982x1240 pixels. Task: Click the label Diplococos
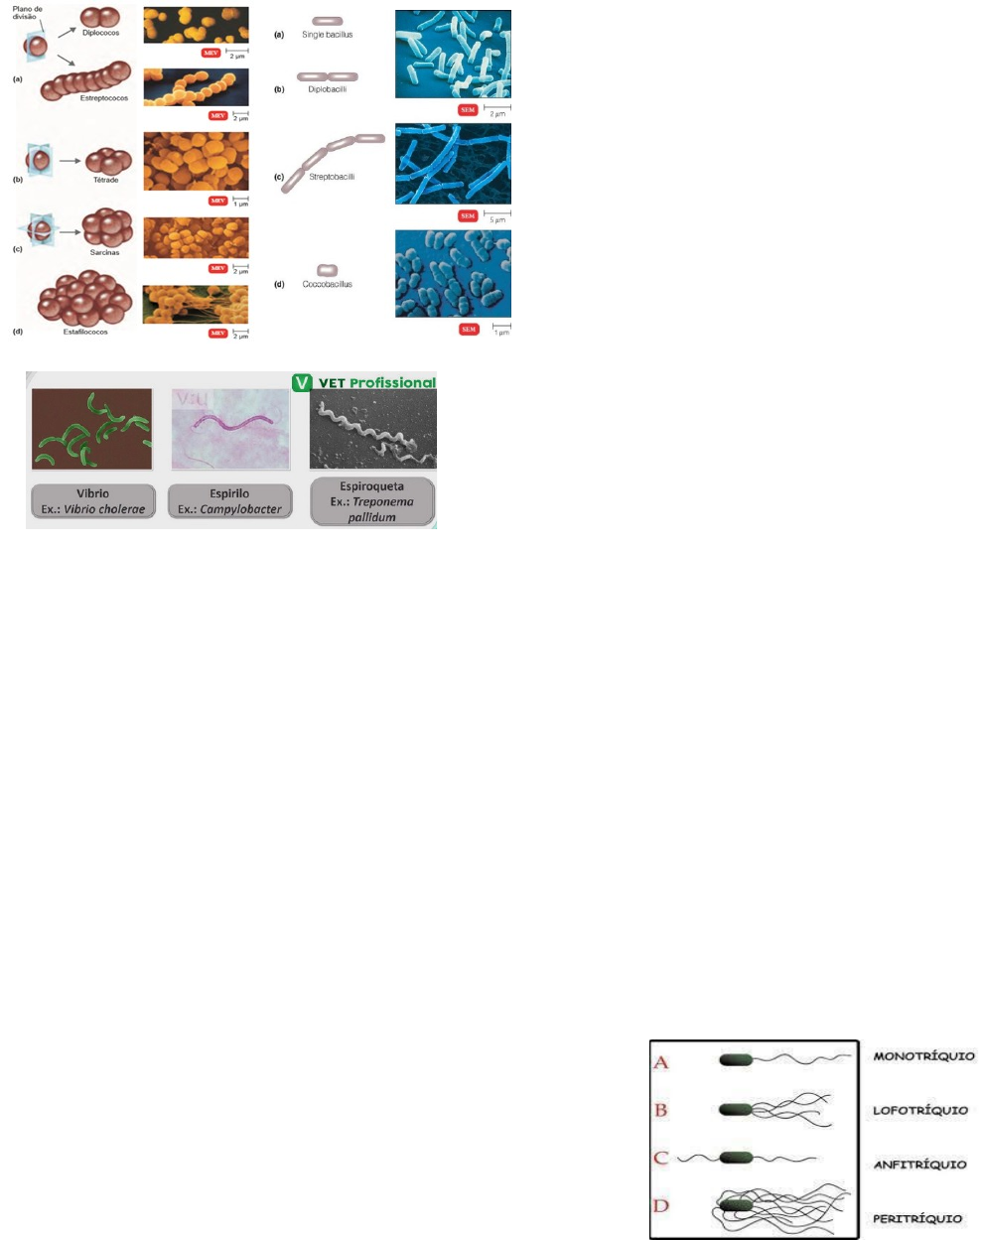point(101,33)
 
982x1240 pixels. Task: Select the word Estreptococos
point(104,98)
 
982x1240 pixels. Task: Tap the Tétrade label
point(106,180)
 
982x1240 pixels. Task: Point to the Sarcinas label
point(104,252)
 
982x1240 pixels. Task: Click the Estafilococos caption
point(85,332)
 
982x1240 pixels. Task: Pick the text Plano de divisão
point(27,13)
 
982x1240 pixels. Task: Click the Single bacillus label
point(327,35)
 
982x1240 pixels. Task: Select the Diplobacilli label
point(327,89)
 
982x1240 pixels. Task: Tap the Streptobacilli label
point(332,177)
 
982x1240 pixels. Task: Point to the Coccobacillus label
point(327,284)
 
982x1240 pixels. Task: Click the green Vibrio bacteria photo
point(91,429)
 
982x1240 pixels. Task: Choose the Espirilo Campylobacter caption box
point(229,501)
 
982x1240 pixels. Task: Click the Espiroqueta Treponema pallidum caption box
point(372,501)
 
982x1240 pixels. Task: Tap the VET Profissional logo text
point(376,382)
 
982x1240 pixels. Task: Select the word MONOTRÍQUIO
point(923,1056)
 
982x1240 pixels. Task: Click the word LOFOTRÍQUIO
point(919,1110)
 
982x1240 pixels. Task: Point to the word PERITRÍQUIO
point(917,1218)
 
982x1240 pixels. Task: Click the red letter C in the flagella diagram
point(661,1158)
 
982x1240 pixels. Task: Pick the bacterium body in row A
point(736,1059)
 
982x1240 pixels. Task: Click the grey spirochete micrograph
point(372,429)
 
